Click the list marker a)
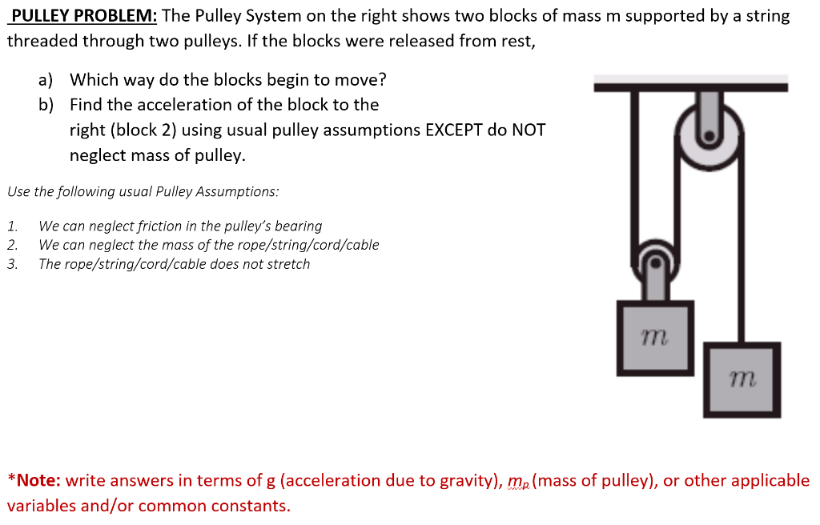(x=46, y=80)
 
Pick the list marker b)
(x=46, y=105)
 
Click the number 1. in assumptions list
(x=12, y=226)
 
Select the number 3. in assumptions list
(x=12, y=264)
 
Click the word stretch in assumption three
(x=287, y=264)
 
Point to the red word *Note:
(x=34, y=481)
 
